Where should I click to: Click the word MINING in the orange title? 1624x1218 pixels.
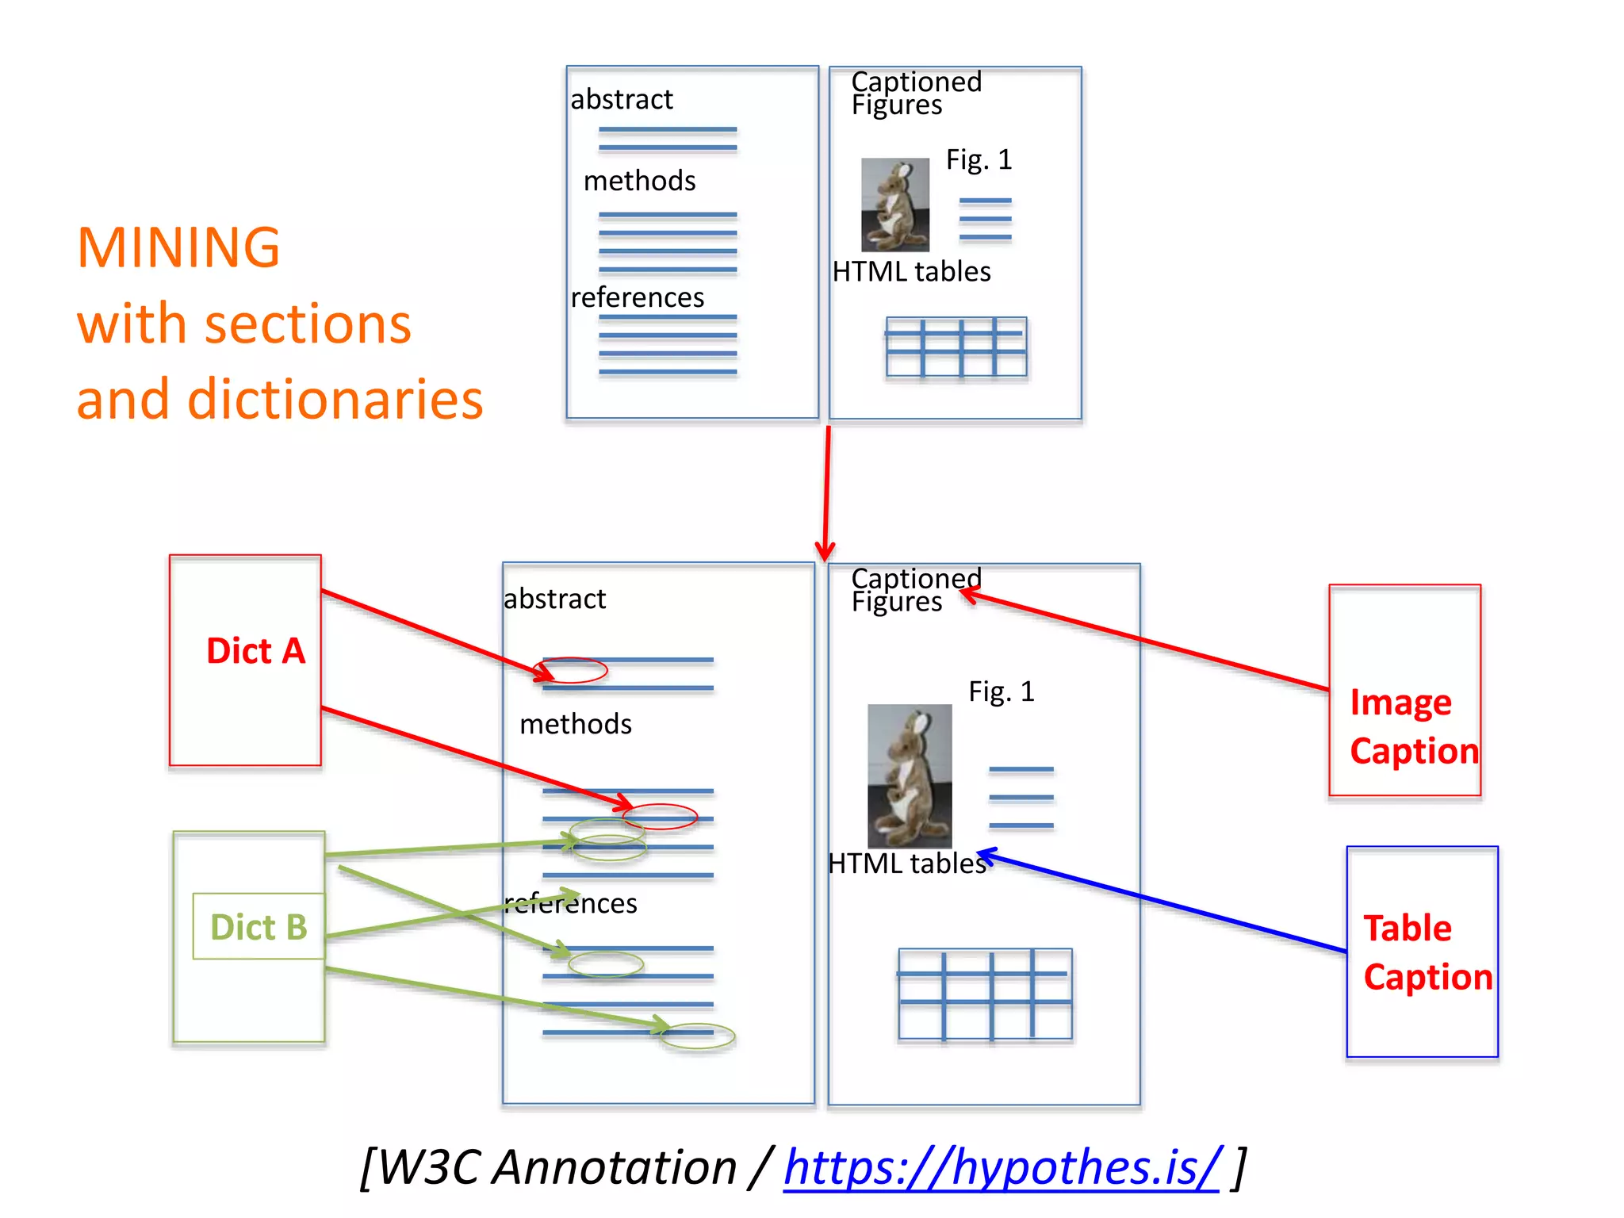[178, 247]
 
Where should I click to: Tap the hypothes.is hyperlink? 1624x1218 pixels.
[1002, 1167]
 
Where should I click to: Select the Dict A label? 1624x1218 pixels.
[255, 651]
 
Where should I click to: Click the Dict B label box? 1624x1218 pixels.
[259, 926]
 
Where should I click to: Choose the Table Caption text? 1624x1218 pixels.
[1427, 952]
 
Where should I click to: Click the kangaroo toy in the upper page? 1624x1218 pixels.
[895, 205]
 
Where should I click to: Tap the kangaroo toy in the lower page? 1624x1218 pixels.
[910, 776]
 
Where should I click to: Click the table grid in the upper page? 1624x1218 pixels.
[956, 347]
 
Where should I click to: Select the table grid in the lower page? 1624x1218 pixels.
[985, 994]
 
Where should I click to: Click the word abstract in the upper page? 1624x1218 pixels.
[622, 100]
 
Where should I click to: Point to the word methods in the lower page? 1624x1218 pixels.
[576, 724]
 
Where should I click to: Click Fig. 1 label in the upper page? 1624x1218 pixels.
[979, 160]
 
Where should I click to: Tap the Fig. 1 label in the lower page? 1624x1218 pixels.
[1002, 692]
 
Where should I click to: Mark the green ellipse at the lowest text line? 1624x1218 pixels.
[698, 1036]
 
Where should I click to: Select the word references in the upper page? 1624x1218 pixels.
[638, 297]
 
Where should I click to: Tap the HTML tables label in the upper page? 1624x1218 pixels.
[911, 272]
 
